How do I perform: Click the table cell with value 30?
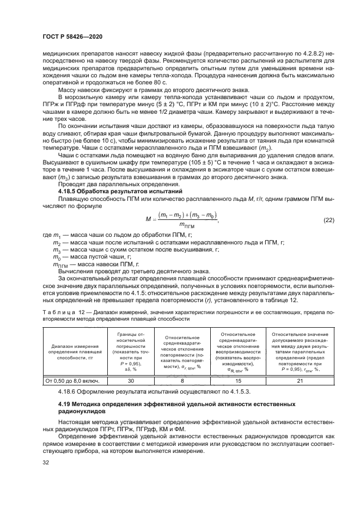pos(126,382)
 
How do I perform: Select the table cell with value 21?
pos(299,382)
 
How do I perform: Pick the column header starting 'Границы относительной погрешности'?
pos(126,352)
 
